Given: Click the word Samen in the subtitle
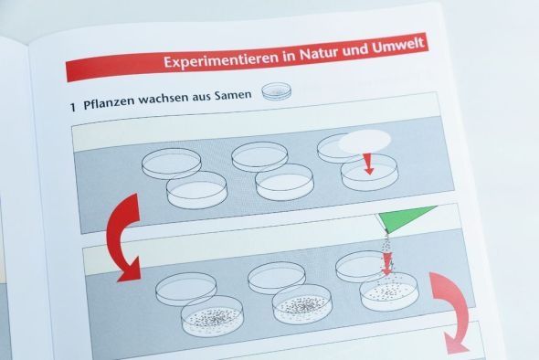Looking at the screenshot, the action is (x=233, y=95).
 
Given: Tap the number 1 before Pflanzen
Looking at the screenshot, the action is (x=72, y=107).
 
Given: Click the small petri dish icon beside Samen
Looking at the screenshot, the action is (x=277, y=91).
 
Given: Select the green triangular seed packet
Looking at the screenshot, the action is (x=405, y=218).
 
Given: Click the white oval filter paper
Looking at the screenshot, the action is (x=365, y=141).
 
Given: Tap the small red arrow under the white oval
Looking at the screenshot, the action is (x=368, y=163).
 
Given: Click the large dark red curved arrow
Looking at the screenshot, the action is (x=122, y=238).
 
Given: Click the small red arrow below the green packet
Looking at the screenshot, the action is (x=386, y=263).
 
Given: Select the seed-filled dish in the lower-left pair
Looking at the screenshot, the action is (x=212, y=316).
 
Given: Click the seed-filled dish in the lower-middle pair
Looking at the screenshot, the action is (x=302, y=304).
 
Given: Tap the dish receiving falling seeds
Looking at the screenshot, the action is (x=389, y=291).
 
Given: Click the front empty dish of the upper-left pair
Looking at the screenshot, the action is (x=196, y=190).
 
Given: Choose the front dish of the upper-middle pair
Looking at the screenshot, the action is (x=285, y=182).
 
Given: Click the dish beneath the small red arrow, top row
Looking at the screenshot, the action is (x=369, y=173).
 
